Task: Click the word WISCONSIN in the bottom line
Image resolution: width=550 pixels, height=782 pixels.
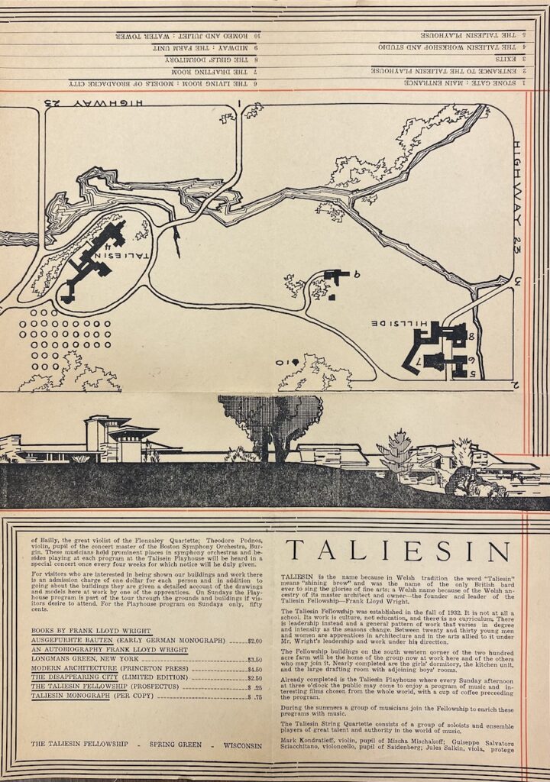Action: pyautogui.click(x=238, y=745)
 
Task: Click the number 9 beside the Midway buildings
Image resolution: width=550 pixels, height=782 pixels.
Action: pyautogui.click(x=356, y=273)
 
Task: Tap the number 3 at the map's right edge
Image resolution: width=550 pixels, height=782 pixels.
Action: pyautogui.click(x=517, y=280)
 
